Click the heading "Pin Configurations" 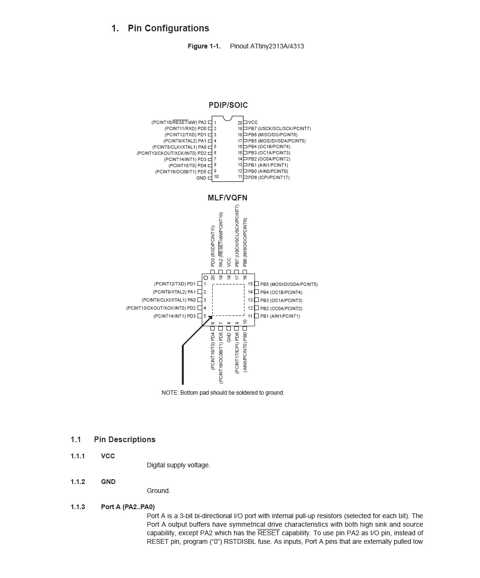168,28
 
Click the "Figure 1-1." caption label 204,46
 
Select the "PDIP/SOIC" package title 228,105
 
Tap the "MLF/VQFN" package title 227,198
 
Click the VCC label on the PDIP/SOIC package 253,123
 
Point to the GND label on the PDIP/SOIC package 201,178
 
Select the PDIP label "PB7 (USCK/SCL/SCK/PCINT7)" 279,129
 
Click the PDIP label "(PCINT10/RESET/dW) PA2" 179,123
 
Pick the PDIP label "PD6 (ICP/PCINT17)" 269,178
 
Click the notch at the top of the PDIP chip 227,118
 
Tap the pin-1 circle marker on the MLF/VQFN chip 206,278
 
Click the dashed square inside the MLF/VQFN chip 228,300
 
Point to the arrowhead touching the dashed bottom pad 210,318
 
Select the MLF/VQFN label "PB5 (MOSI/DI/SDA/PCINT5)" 289,284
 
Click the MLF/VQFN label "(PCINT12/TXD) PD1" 175,284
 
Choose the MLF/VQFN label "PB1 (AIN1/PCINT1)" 280,316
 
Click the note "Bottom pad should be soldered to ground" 223,393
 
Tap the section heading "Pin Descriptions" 124,439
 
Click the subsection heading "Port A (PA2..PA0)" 128,507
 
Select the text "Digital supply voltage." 178,465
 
